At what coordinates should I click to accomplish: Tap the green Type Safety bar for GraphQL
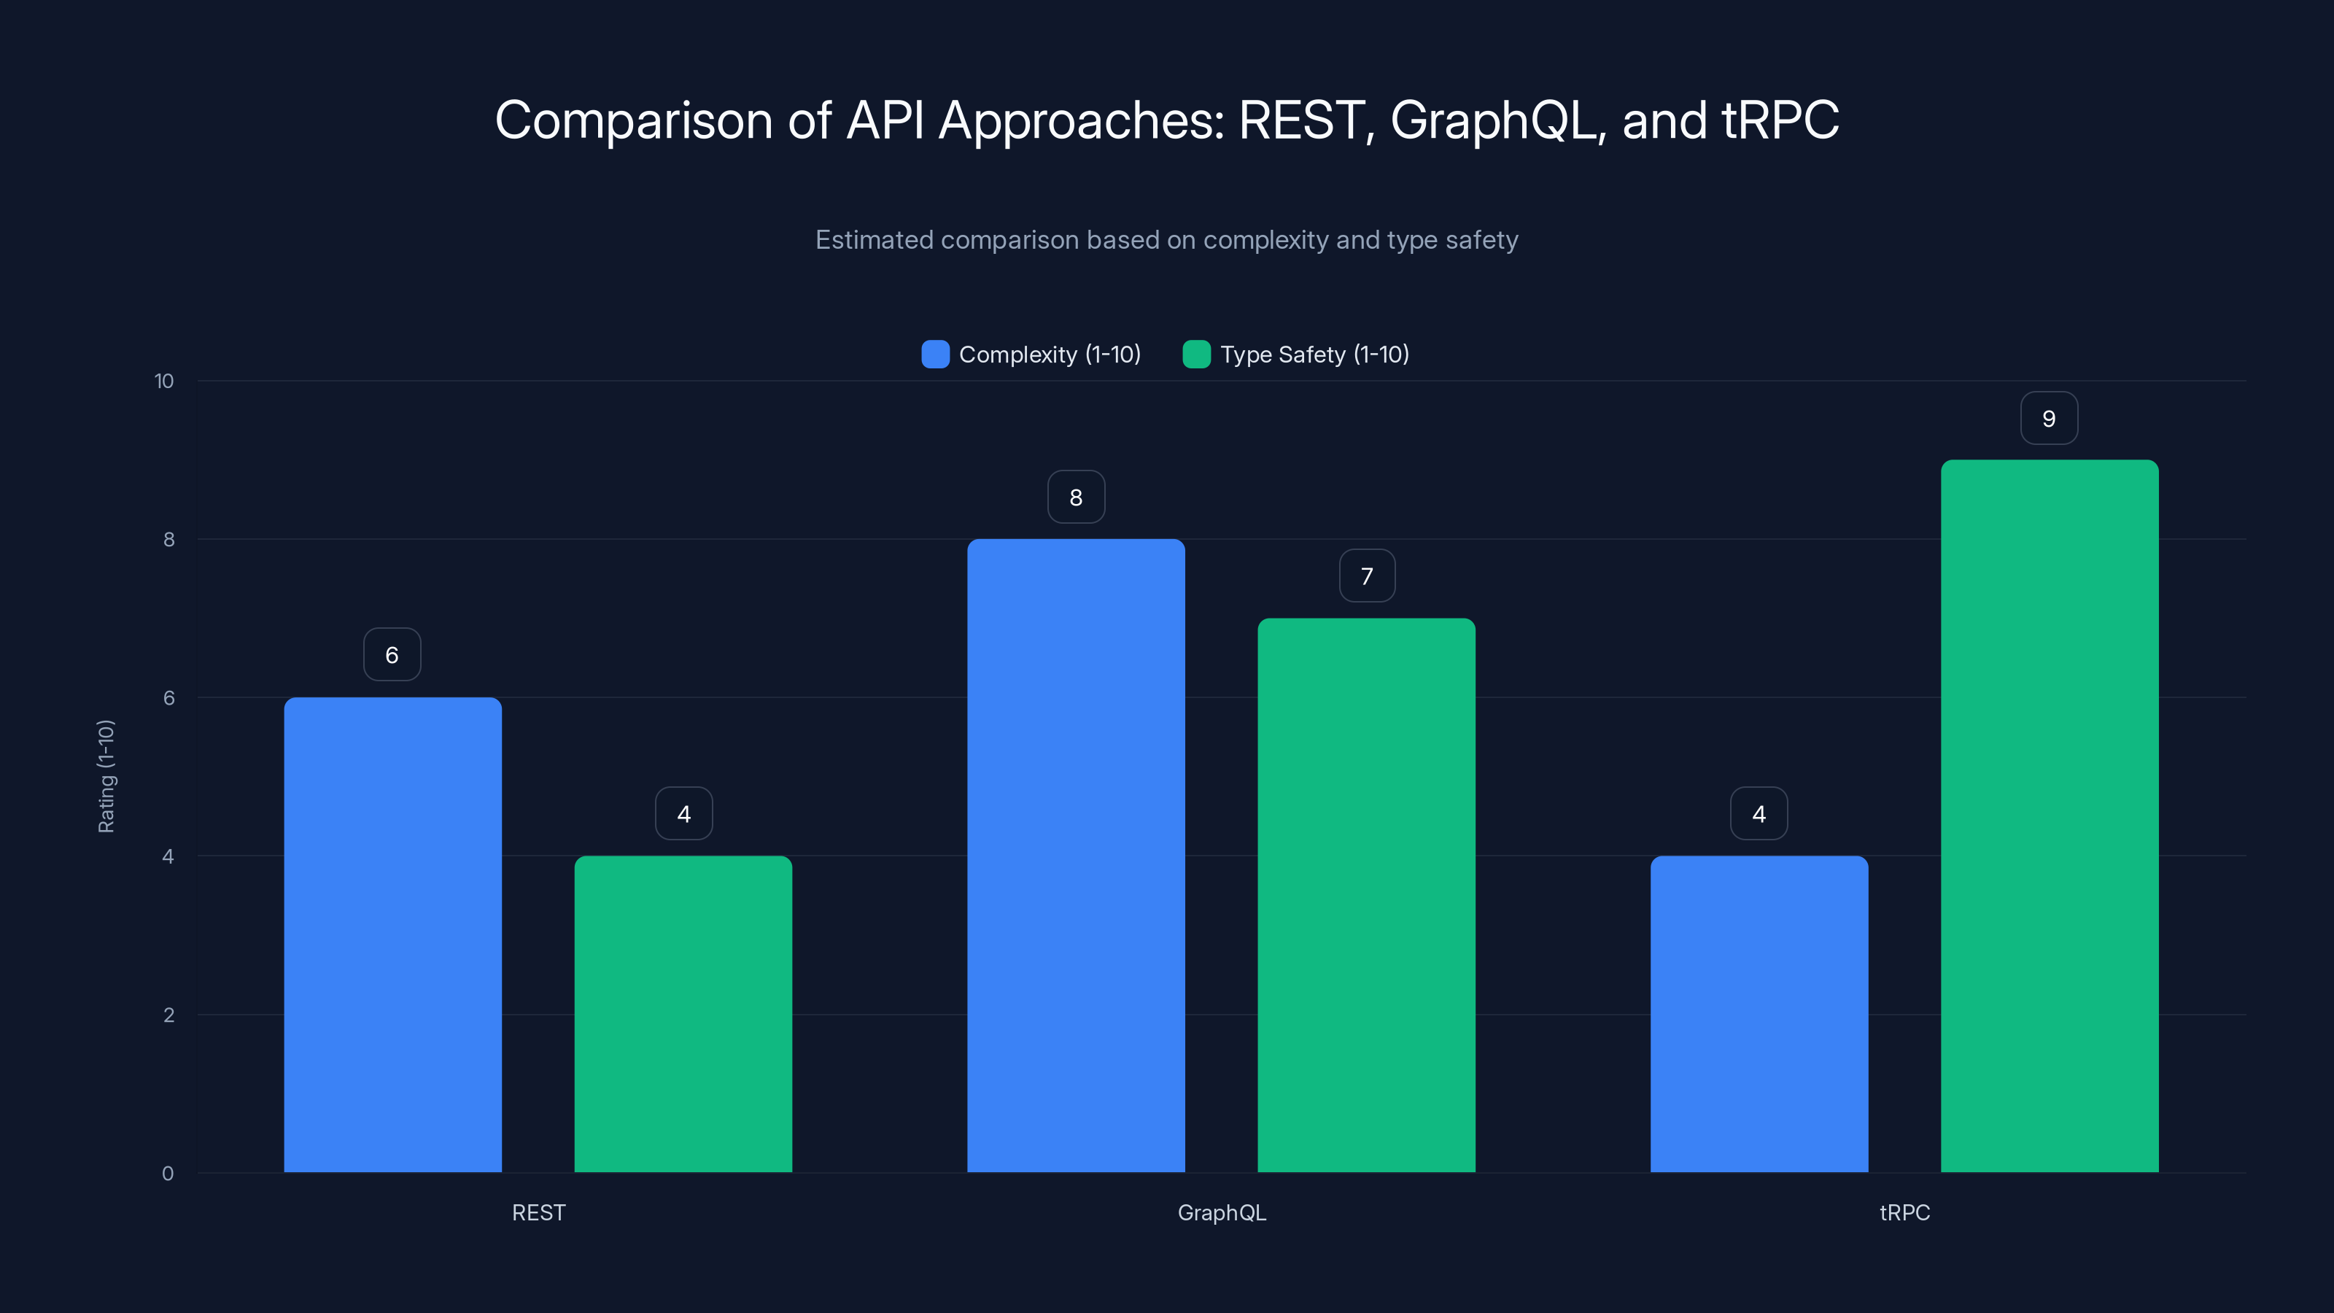1366,894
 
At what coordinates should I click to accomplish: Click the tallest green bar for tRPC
2050,816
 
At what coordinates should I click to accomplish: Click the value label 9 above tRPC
2049,419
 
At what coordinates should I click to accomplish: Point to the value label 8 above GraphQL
1076,497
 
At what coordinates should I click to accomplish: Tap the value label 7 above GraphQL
1366,576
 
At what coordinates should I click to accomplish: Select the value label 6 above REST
392,655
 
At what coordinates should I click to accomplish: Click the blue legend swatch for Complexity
935,355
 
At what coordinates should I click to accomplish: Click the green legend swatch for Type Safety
1196,355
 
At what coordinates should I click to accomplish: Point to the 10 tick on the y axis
164,381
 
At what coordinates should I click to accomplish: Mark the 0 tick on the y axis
168,1174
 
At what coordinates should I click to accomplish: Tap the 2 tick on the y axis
168,1015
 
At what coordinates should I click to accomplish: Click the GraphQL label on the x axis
1222,1212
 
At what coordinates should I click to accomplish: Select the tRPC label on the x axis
1904,1212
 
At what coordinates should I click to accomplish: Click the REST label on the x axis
538,1212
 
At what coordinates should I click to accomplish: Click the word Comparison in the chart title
632,120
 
